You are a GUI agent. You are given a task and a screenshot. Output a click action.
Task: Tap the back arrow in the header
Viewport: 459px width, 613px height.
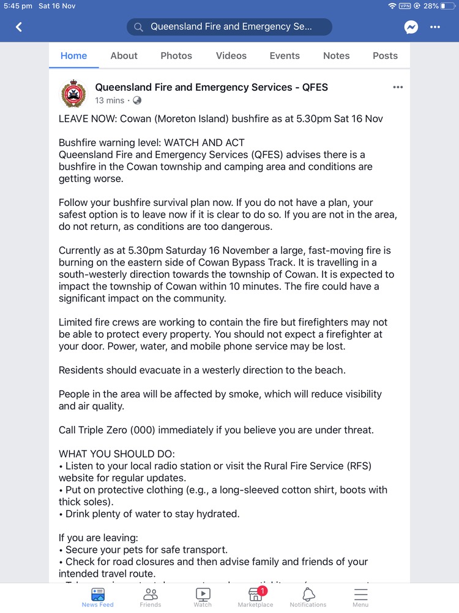(19, 27)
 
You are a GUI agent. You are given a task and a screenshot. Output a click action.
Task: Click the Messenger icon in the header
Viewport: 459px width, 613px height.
(411, 27)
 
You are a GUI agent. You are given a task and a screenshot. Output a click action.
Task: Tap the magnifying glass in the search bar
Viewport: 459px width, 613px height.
(139, 27)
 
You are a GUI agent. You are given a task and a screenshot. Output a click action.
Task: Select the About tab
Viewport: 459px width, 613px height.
(124, 56)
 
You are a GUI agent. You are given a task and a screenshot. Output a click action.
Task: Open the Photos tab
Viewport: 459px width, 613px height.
(176, 56)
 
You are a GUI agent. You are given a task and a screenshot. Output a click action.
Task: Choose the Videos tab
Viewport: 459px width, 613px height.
(231, 56)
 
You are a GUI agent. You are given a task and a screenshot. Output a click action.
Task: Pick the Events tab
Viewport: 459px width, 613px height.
(285, 56)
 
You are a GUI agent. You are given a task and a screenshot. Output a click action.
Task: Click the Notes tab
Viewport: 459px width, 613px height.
(337, 56)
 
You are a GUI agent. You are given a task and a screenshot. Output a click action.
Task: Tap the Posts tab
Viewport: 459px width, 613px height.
(385, 56)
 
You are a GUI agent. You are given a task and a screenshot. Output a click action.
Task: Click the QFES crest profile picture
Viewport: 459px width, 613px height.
(73, 93)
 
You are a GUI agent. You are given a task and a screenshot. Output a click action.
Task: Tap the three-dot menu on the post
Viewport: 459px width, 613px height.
(398, 88)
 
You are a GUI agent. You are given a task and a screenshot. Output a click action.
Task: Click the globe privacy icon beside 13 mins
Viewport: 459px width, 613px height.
(137, 101)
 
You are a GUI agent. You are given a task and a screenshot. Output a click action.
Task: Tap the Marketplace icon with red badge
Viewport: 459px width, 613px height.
(255, 593)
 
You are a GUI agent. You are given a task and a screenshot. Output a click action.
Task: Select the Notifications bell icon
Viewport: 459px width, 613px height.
(308, 593)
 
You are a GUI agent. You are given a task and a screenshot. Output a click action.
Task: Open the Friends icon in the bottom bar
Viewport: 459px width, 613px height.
(150, 593)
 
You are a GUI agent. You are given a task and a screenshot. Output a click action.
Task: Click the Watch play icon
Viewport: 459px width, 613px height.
(203, 593)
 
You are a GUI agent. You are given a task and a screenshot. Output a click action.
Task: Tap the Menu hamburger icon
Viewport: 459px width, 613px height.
(360, 593)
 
